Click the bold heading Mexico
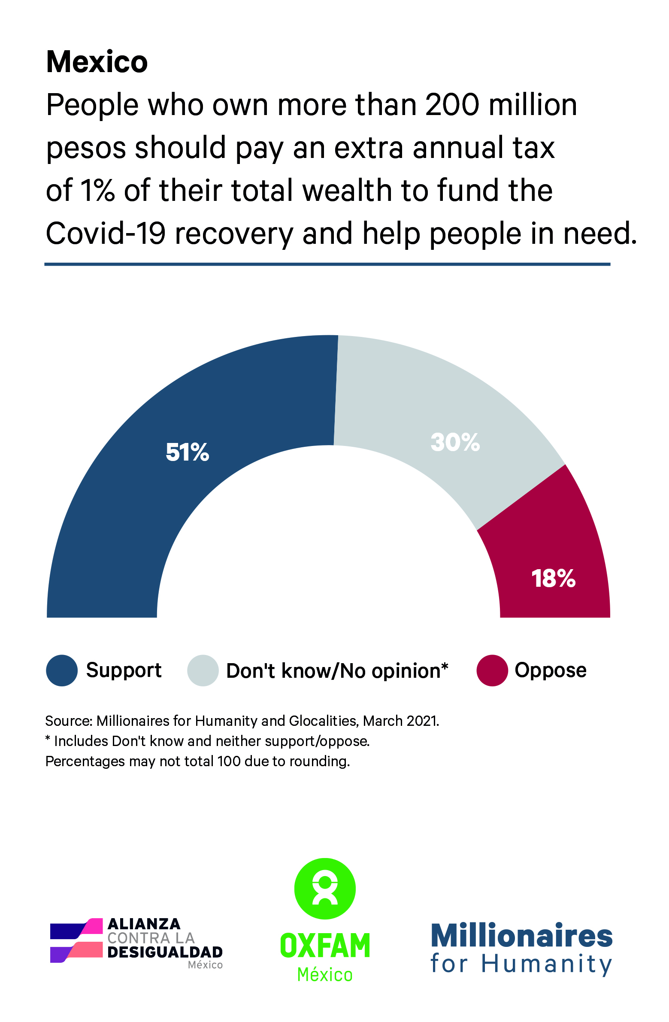click(97, 63)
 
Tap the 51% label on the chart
click(187, 452)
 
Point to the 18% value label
click(553, 579)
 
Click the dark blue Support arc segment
click(129, 494)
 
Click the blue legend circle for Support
click(62, 670)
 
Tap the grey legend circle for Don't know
click(203, 670)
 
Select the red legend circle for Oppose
click(492, 670)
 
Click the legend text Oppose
click(551, 670)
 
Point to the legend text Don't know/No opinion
click(337, 671)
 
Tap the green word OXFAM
click(324, 946)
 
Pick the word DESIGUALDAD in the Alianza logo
click(165, 952)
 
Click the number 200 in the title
click(452, 105)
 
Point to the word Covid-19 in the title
click(106, 234)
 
